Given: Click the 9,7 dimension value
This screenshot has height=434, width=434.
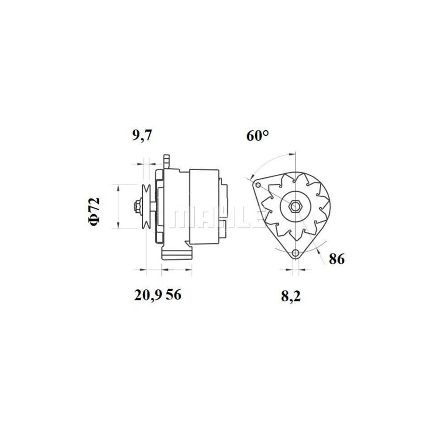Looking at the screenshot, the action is [142, 136].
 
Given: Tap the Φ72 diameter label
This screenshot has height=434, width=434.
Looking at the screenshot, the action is [95, 211].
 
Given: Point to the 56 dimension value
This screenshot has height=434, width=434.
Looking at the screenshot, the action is [174, 295].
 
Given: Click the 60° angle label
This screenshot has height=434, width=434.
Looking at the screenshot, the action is [258, 136].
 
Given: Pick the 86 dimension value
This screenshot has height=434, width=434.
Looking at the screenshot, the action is [337, 259].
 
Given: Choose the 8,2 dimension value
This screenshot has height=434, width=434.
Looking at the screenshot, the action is [291, 297].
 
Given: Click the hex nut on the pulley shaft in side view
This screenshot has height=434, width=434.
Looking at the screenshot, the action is [137, 206].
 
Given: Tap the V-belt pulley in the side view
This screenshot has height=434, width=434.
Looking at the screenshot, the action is [146, 206].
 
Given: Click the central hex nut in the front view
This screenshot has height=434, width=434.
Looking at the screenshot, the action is [296, 206].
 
